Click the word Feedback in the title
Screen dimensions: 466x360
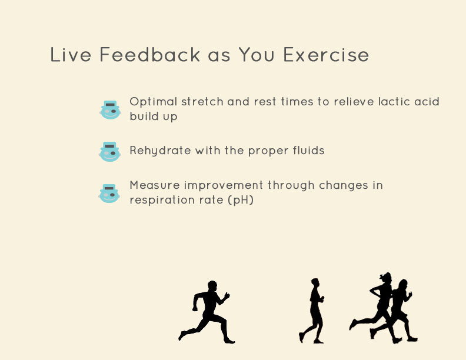pos(150,54)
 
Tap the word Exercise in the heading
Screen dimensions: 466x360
pos(326,55)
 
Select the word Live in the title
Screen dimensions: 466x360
pos(71,54)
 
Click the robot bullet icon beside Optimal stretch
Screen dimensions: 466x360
pos(110,110)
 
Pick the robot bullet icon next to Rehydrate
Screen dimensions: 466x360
pos(109,152)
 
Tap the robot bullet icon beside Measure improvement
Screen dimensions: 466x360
pos(109,194)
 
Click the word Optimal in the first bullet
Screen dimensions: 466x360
pos(154,102)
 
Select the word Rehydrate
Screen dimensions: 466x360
pos(160,151)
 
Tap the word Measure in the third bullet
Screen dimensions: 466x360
pos(155,185)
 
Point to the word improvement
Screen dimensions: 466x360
pos(224,186)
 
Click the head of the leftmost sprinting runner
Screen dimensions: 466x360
pos(212,286)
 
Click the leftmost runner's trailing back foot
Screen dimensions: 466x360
pos(181,336)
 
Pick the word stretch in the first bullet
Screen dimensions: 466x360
pos(202,102)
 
